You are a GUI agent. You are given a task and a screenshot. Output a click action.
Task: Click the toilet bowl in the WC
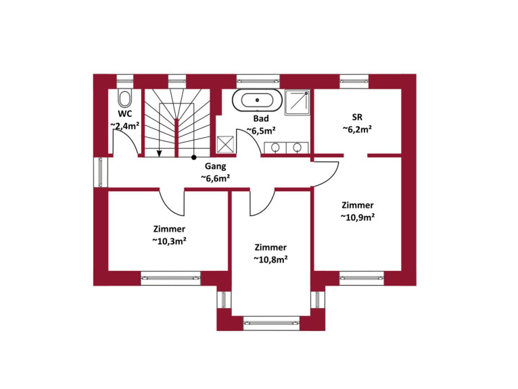tap(124, 98)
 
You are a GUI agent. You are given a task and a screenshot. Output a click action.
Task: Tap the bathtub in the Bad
tap(258, 99)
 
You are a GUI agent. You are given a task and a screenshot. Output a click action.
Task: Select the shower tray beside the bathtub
tap(298, 102)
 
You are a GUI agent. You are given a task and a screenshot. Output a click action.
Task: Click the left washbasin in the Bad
tap(275, 147)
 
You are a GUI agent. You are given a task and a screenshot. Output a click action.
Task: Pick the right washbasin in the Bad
tap(297, 147)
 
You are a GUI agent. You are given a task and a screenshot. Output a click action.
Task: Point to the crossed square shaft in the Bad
tap(225, 145)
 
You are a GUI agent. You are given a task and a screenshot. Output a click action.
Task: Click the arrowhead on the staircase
tap(159, 153)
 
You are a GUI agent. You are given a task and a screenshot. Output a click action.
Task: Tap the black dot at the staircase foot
tap(194, 157)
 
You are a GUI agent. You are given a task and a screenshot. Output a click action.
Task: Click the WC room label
tap(125, 114)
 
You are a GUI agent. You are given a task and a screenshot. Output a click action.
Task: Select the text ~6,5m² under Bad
tap(261, 130)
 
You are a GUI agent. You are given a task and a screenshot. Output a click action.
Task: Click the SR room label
tap(357, 117)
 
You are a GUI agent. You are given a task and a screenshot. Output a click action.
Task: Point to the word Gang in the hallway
tap(216, 166)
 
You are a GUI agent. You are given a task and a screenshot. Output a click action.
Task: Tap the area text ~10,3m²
tap(169, 241)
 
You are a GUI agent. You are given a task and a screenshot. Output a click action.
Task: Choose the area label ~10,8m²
tap(270, 259)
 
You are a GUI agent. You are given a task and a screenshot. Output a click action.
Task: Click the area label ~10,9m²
tap(358, 217)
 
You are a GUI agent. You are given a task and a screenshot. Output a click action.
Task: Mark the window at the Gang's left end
tap(101, 172)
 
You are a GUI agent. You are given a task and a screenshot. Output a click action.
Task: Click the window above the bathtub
tap(258, 81)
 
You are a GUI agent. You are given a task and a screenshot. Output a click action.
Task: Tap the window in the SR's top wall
tap(354, 81)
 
